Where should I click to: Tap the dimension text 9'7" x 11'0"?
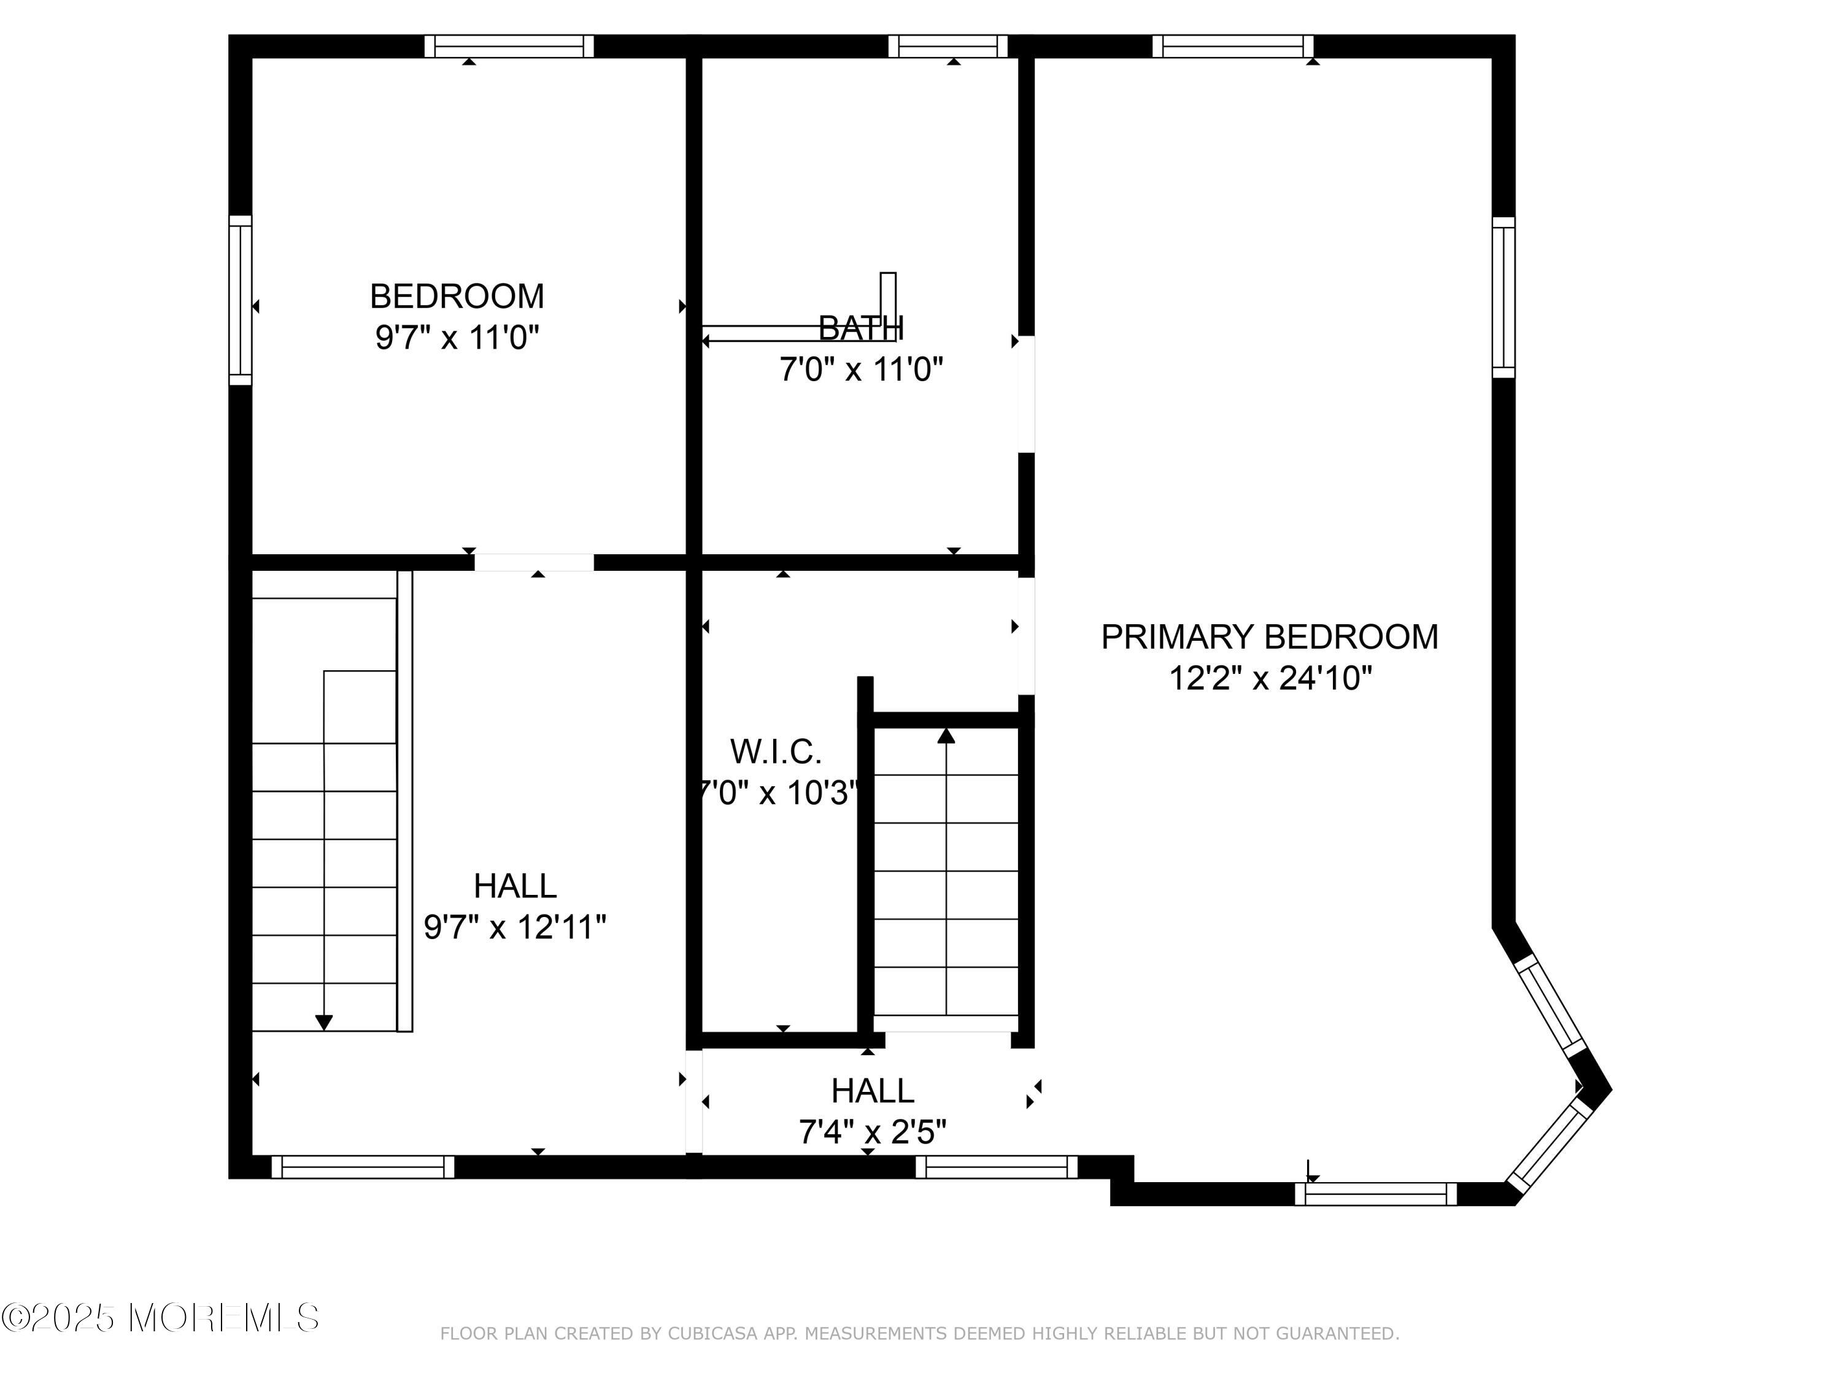coord(457,338)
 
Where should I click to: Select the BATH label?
coord(860,328)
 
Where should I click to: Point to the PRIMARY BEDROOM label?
coord(1269,637)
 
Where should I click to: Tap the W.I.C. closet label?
coord(776,752)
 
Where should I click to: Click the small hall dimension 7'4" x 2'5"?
coord(872,1132)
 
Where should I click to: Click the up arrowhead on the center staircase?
coord(946,736)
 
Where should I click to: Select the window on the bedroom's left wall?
coord(240,301)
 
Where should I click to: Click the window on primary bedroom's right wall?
coord(1503,297)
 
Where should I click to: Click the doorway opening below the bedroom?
coord(533,563)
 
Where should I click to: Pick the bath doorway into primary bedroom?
coord(1026,394)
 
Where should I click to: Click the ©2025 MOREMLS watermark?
coord(160,1318)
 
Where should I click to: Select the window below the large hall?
coord(363,1167)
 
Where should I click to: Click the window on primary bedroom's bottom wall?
coord(1376,1194)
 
